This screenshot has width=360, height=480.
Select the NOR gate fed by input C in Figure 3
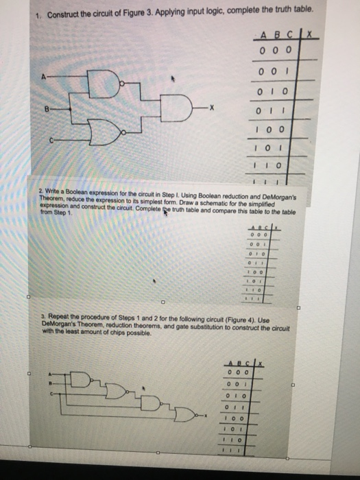coord(114,127)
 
